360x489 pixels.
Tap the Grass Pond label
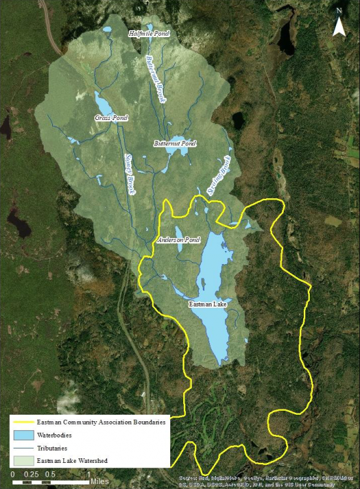112,118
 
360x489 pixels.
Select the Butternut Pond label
175,143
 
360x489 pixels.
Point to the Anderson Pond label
178,241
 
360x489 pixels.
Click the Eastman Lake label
205,303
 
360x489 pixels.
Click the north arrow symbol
339,25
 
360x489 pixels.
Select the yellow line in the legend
20,422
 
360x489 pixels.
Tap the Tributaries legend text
52,448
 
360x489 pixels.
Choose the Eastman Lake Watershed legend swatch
20,461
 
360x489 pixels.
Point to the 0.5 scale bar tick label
50,474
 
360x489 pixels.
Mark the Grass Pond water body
103,104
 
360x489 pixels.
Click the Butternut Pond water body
174,154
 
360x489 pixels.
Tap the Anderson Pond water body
179,231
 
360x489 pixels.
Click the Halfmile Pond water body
151,27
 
